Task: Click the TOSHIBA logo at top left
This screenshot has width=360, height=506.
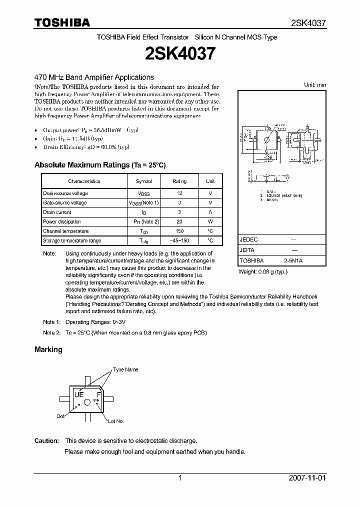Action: pos(62,22)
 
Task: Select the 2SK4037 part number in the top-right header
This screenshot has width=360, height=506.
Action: pos(308,23)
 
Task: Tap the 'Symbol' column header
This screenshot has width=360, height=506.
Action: pos(143,181)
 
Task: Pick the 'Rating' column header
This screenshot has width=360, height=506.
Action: pos(179,181)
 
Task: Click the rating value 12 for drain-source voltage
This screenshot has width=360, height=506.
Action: pos(179,193)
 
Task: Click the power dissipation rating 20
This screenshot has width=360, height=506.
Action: pos(179,221)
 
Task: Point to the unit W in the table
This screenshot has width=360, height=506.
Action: pos(210,221)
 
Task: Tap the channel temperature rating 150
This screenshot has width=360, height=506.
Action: pos(179,231)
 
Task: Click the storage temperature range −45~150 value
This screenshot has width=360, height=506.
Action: pos(179,240)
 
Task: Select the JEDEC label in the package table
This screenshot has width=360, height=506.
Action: pos(248,240)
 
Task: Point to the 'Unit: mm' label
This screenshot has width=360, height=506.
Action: pos(315,85)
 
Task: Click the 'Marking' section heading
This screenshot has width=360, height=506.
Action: pos(48,349)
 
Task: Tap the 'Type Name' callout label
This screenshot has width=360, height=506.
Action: pos(125,369)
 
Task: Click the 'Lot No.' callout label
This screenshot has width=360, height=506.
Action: pos(116,421)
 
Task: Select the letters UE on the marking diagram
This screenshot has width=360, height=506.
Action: pos(78,394)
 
